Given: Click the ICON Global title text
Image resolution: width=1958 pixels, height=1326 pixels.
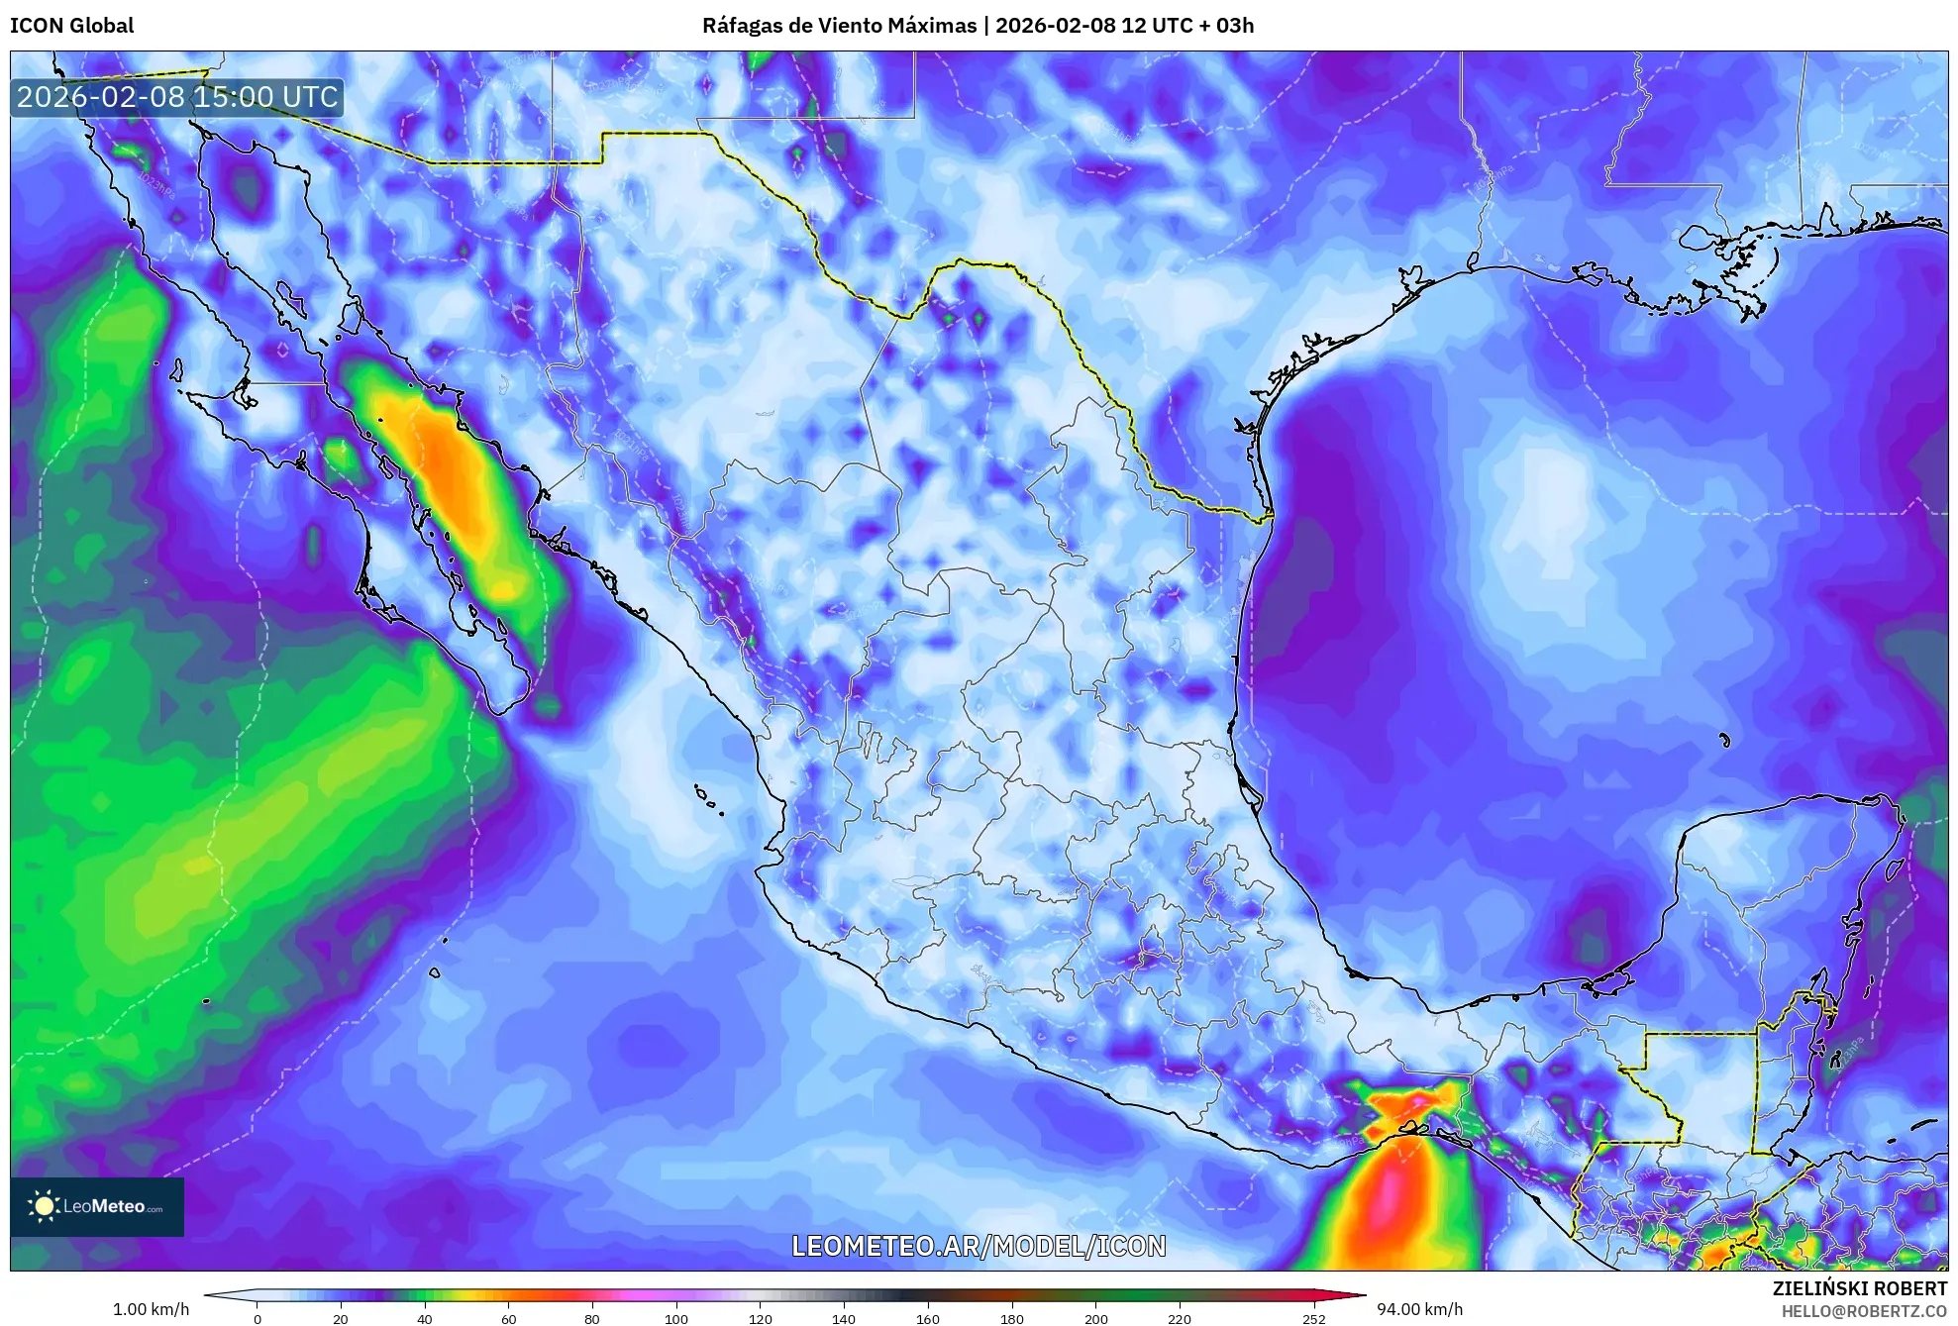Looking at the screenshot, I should pyautogui.click(x=71, y=26).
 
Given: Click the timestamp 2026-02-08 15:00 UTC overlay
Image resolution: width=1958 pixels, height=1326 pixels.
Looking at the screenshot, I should pyautogui.click(x=177, y=97).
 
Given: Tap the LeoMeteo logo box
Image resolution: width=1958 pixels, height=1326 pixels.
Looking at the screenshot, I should pyautogui.click(x=97, y=1206).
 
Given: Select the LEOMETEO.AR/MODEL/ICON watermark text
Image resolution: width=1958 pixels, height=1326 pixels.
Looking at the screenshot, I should pyautogui.click(x=979, y=1246).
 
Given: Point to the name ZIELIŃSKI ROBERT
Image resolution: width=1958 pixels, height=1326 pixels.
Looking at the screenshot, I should pyautogui.click(x=1859, y=1288).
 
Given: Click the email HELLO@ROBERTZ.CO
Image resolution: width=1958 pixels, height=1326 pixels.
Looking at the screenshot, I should pyautogui.click(x=1864, y=1311).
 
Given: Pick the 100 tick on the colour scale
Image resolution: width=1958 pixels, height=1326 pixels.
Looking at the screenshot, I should pyautogui.click(x=676, y=1318).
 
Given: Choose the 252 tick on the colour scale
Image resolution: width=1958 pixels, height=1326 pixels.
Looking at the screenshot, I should pyautogui.click(x=1313, y=1318).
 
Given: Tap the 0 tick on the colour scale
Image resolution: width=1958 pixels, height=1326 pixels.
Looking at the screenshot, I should pyautogui.click(x=258, y=1318).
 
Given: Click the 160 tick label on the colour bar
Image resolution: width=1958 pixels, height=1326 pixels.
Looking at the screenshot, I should pyautogui.click(x=928, y=1318).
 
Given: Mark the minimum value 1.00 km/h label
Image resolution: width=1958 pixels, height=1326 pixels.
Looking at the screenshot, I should pyautogui.click(x=151, y=1309).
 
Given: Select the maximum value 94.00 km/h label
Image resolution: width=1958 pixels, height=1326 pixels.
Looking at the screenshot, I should pyautogui.click(x=1419, y=1309).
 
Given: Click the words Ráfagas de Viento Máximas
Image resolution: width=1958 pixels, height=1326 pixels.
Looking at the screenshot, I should pyautogui.click(x=839, y=26).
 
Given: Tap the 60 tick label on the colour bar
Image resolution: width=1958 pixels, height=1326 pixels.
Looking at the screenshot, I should pyautogui.click(x=508, y=1318).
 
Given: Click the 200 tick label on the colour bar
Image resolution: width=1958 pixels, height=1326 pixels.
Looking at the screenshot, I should pyautogui.click(x=1096, y=1318).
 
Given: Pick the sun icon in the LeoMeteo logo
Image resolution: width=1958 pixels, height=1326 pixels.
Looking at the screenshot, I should pyautogui.click(x=44, y=1206).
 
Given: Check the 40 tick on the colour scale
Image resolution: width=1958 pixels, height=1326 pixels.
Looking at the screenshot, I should pyautogui.click(x=425, y=1318).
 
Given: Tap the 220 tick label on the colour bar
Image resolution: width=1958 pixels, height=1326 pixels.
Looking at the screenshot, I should pyautogui.click(x=1180, y=1318).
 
